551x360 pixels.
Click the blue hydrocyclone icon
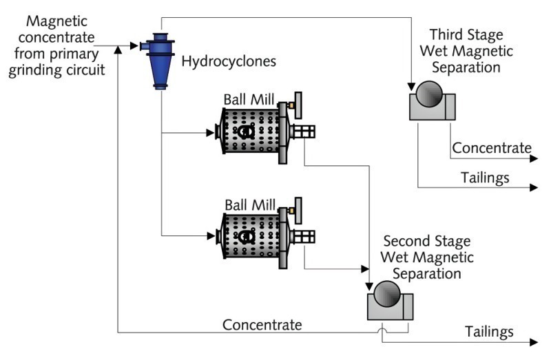point(160,58)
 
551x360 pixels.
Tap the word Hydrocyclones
point(229,61)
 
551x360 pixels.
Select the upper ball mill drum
point(247,131)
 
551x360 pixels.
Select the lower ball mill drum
point(247,236)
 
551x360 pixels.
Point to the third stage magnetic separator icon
point(431,100)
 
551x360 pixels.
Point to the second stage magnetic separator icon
point(389,303)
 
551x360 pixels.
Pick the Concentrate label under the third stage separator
point(492,148)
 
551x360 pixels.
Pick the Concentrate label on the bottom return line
point(262,324)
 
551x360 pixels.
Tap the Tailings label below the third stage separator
point(484,178)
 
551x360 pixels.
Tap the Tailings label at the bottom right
point(489,332)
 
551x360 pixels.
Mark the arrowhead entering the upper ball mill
point(210,131)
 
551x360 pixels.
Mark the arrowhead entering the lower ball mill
point(210,236)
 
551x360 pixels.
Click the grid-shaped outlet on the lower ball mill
point(303,235)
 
